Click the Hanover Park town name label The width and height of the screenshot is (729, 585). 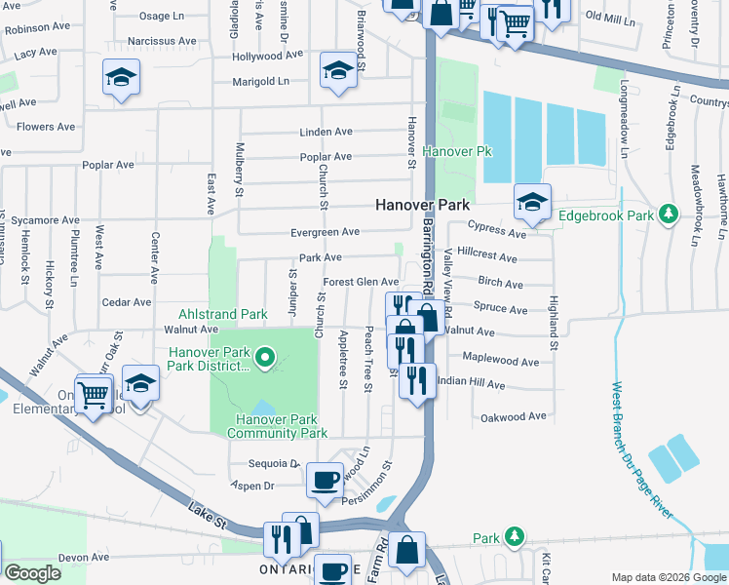(x=423, y=206)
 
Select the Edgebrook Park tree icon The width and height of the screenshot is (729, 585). (x=668, y=214)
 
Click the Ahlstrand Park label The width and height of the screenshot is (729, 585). (x=222, y=315)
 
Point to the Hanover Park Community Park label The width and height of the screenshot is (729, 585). (x=274, y=425)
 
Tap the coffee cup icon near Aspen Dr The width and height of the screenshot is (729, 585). (x=324, y=479)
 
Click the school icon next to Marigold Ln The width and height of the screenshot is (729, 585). (x=338, y=71)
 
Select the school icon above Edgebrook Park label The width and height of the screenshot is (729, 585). (x=532, y=202)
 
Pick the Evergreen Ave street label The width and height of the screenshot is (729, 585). (x=326, y=232)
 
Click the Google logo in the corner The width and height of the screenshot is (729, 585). (x=33, y=573)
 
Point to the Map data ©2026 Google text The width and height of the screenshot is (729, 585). (x=668, y=577)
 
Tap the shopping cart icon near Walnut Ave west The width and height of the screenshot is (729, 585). (x=94, y=395)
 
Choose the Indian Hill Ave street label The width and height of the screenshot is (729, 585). (x=472, y=385)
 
